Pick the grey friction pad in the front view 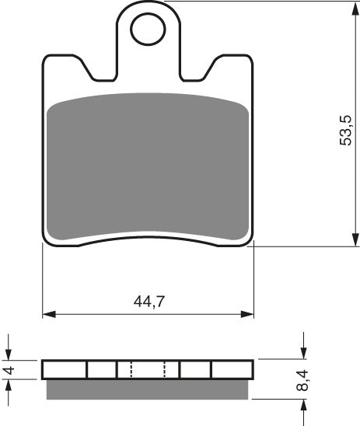(x=148, y=167)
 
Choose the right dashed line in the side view (x=166, y=369)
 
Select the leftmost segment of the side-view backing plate (x=65, y=369)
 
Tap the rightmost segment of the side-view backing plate (x=232, y=369)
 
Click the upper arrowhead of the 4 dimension (x=9, y=354)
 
